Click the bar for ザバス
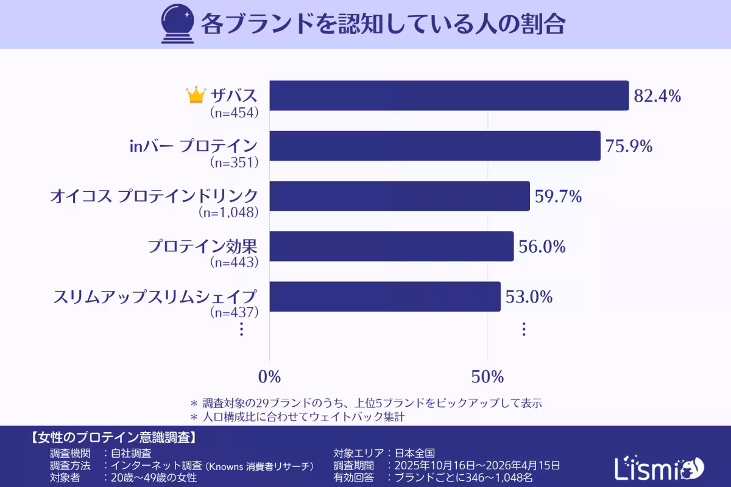coord(449,96)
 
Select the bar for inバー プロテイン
coord(435,146)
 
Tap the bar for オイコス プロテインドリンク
coord(400,196)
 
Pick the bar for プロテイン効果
coord(392,246)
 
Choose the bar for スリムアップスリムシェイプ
coord(385,296)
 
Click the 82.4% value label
coord(657,96)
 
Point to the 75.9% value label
coord(629,146)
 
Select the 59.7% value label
coord(558,197)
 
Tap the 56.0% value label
coord(542,247)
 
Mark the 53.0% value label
coord(529,297)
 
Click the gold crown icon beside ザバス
coord(196,95)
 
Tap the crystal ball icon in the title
coord(176,24)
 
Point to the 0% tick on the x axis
coord(269,377)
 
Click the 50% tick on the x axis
coord(487,377)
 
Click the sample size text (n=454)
coord(235,112)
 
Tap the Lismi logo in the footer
coord(659,468)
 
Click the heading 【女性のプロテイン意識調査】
coord(112,437)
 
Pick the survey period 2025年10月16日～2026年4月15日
coord(477,466)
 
